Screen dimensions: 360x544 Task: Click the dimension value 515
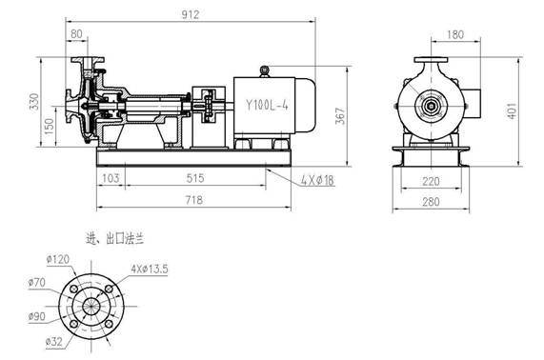click(x=196, y=178)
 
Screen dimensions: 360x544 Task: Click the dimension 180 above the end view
click(x=455, y=34)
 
